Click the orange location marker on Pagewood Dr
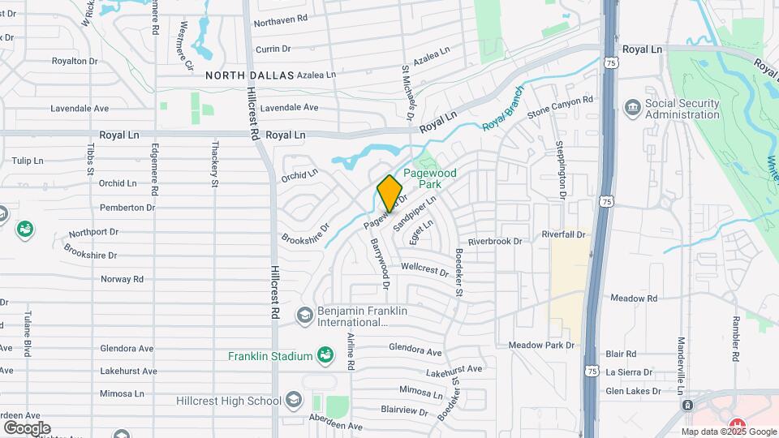point(389,193)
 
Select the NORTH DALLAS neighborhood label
point(249,75)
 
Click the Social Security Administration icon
point(631,107)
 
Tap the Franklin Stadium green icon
point(325,354)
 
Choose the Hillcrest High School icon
point(294,400)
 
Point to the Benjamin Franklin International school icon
point(305,315)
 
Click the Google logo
point(27,427)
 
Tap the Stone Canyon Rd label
point(560,107)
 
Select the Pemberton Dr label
point(127,208)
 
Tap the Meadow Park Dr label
point(541,346)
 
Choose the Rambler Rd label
point(736,337)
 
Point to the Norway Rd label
point(122,279)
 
